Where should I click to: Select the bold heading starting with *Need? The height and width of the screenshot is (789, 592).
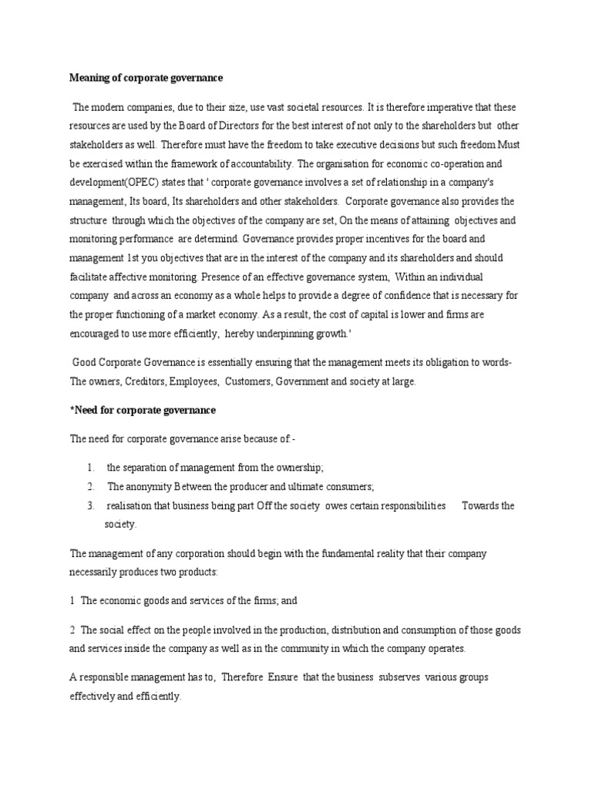click(x=143, y=409)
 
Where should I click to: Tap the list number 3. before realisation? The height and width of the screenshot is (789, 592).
click(x=90, y=505)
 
